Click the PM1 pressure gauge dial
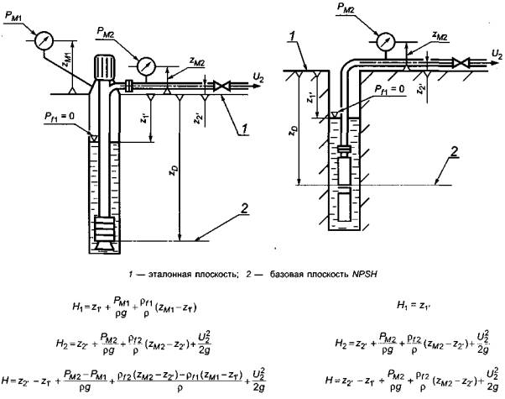(x=42, y=39)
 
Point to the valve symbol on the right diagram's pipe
(x=461, y=62)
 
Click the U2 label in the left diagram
(x=257, y=76)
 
